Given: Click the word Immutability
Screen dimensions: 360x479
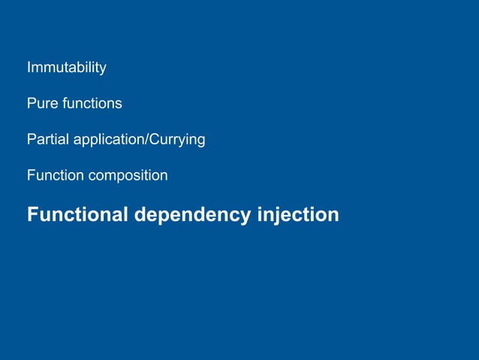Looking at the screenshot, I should click(x=66, y=68).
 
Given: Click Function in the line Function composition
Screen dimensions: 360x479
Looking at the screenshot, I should click(x=55, y=175).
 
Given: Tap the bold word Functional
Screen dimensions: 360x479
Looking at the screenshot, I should click(x=78, y=214).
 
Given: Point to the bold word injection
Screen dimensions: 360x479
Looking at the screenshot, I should click(x=298, y=215).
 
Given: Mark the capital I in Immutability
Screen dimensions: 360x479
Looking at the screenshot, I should click(x=29, y=68).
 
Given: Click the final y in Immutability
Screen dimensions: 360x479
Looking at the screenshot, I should click(x=102, y=69).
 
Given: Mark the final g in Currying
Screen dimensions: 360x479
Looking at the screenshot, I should click(x=200, y=141).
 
